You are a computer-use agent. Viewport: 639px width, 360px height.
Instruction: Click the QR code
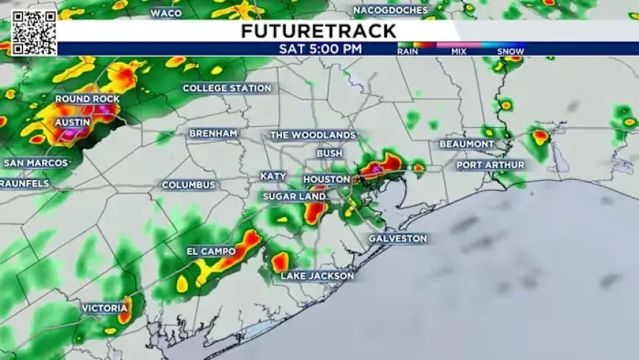(x=33, y=32)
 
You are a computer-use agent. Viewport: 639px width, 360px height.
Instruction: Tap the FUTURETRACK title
(x=319, y=31)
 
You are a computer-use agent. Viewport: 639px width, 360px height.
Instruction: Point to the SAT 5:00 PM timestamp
(x=320, y=49)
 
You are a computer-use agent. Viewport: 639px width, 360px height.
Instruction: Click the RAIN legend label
(x=408, y=51)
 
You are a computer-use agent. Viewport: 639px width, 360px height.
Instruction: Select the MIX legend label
(x=459, y=51)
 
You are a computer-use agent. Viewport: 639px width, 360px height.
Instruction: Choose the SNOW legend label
(x=510, y=51)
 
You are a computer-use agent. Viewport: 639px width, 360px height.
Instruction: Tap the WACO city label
(x=166, y=12)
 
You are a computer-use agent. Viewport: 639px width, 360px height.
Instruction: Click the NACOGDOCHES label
(x=390, y=10)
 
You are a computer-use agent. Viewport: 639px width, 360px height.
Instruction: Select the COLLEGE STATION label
(x=227, y=88)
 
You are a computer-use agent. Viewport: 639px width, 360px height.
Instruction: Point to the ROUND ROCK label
(x=87, y=98)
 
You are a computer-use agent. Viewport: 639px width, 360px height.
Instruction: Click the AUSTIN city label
(x=73, y=122)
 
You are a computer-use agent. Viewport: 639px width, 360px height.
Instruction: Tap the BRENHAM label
(x=213, y=134)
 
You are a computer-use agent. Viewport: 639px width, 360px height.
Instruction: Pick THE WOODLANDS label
(x=313, y=135)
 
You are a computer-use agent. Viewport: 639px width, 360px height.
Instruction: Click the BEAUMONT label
(x=467, y=144)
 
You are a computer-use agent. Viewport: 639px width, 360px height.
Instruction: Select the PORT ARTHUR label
(x=491, y=165)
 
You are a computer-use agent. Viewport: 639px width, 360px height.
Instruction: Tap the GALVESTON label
(x=397, y=239)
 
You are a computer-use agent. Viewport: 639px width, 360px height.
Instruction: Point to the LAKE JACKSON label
(x=317, y=276)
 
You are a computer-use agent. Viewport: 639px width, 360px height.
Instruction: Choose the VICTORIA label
(x=104, y=309)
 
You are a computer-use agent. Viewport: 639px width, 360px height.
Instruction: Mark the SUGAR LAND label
(x=295, y=197)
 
